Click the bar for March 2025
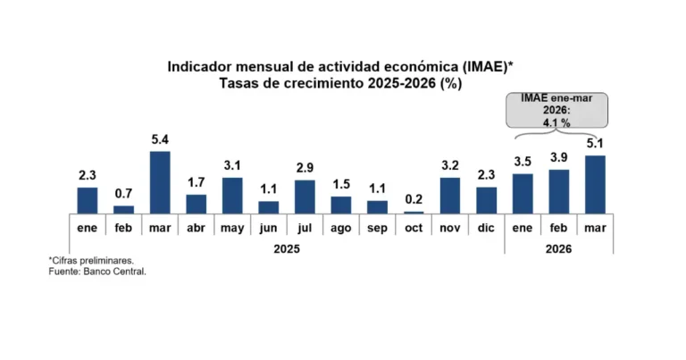coord(160,182)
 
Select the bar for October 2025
coord(414,212)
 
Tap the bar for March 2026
coord(595,184)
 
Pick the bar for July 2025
coord(305,197)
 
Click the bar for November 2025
coord(450,195)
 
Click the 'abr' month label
coord(196,227)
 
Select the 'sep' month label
coord(377,227)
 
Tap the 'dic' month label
coord(486,227)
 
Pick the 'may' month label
coord(232,227)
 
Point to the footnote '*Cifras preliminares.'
coord(87,260)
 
